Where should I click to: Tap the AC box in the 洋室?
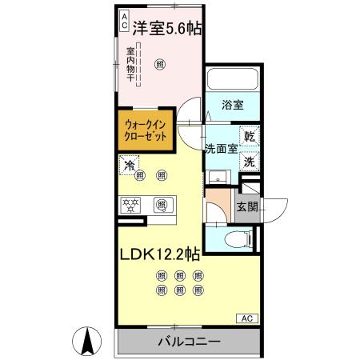point(125,20)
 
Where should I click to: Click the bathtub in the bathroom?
point(232,80)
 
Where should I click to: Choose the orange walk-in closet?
point(146,130)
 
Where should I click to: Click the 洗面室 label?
point(220,148)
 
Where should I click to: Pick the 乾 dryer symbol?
point(250,137)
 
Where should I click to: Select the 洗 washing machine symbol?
point(250,160)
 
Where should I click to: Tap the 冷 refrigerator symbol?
point(128,166)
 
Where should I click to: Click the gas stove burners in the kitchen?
point(131,206)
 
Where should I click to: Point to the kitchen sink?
point(162,206)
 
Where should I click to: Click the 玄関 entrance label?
point(246,207)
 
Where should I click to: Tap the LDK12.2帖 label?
point(160,255)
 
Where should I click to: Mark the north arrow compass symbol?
point(88,342)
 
